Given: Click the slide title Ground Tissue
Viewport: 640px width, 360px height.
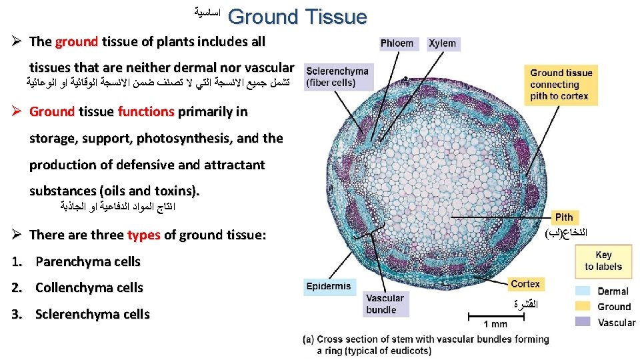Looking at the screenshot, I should point(297,16).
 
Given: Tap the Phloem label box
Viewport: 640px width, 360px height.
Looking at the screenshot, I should point(397,43).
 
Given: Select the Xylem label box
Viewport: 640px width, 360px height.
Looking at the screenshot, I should point(443,43).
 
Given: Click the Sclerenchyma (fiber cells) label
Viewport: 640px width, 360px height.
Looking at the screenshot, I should point(337,77).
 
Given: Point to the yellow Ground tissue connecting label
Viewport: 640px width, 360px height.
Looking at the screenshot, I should point(560,84).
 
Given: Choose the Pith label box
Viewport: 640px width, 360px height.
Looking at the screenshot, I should point(564,217).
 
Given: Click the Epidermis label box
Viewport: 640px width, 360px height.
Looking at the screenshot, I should point(329,287).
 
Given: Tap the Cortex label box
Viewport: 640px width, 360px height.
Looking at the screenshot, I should point(525,284).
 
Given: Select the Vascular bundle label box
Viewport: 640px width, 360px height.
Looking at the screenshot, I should point(385,304).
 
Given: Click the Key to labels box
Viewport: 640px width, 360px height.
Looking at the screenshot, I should point(603,261).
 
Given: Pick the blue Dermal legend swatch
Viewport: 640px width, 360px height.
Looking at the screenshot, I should point(583,291).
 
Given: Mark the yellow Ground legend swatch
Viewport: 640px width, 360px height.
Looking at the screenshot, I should point(583,307).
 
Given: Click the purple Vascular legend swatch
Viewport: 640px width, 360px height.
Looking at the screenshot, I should point(583,322).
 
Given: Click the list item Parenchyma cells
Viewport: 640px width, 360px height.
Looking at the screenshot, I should point(88,261).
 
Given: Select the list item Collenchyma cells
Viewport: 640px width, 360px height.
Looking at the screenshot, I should point(89,288).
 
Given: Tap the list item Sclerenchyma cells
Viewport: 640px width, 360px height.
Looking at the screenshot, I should point(93,314).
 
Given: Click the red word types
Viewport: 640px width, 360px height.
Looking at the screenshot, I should point(143,235).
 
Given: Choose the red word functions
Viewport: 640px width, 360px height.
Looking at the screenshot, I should point(145,111).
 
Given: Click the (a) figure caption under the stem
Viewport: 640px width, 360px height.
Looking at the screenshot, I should point(427,345).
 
